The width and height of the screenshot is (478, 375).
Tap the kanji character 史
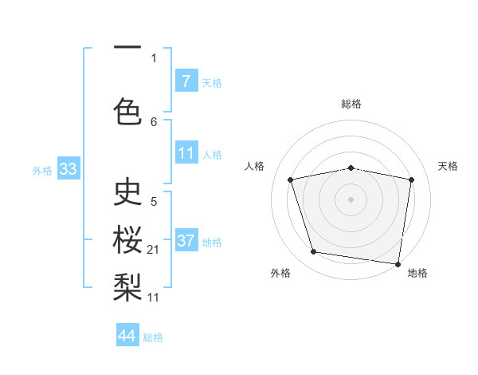click(127, 191)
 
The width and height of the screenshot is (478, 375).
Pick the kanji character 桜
click(127, 237)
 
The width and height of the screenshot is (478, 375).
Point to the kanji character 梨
click(127, 283)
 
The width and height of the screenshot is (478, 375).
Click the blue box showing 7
click(186, 81)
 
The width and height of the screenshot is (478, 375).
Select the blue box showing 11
click(186, 154)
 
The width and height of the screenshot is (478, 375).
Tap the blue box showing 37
click(186, 242)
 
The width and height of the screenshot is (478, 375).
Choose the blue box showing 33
click(68, 170)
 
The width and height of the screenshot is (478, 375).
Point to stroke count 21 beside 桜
click(154, 251)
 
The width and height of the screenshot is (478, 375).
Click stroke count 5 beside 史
click(154, 202)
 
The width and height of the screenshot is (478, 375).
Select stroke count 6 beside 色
click(154, 122)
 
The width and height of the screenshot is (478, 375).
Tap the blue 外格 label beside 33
click(42, 171)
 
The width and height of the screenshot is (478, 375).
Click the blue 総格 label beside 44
click(153, 337)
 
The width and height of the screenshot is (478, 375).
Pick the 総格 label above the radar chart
click(351, 104)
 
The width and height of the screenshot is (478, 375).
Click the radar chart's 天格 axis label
click(449, 166)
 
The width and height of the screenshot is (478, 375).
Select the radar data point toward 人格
click(291, 180)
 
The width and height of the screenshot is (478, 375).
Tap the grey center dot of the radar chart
click(351, 199)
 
